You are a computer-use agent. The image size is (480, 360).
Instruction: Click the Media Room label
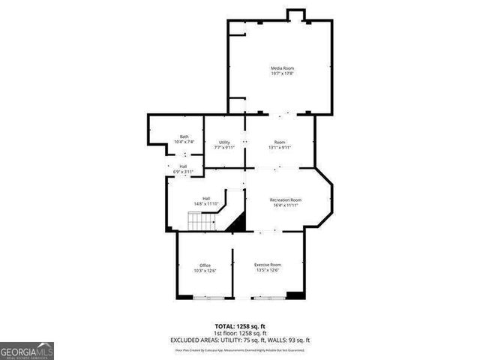pyautogui.click(x=282, y=68)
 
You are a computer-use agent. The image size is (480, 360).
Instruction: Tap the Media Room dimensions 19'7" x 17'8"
pyautogui.click(x=282, y=73)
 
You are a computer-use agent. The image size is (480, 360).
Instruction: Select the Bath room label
pyautogui.click(x=184, y=136)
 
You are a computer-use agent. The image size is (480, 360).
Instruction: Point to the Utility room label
pyautogui.click(x=224, y=142)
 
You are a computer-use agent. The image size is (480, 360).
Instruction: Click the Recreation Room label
pyautogui.click(x=286, y=199)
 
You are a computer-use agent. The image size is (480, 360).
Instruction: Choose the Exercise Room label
pyautogui.click(x=268, y=265)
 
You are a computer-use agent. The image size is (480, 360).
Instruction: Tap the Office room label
pyautogui.click(x=205, y=265)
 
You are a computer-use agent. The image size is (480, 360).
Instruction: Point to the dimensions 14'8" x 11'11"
pyautogui.click(x=206, y=203)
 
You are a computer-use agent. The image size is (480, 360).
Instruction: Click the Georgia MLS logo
pyautogui.click(x=27, y=350)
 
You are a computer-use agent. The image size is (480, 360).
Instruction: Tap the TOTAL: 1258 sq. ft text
pyautogui.click(x=240, y=326)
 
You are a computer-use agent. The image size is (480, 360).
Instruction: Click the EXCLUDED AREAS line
pyautogui.click(x=240, y=340)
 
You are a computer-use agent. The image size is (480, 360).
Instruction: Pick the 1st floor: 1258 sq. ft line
pyautogui.click(x=240, y=333)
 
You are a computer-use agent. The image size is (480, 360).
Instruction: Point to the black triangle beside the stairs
pyautogui.click(x=238, y=223)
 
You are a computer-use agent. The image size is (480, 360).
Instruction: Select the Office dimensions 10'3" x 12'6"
pyautogui.click(x=205, y=271)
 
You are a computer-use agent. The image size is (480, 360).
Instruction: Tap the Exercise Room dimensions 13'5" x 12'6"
pyautogui.click(x=268, y=271)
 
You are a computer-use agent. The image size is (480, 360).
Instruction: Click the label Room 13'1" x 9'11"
pyautogui.click(x=280, y=145)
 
